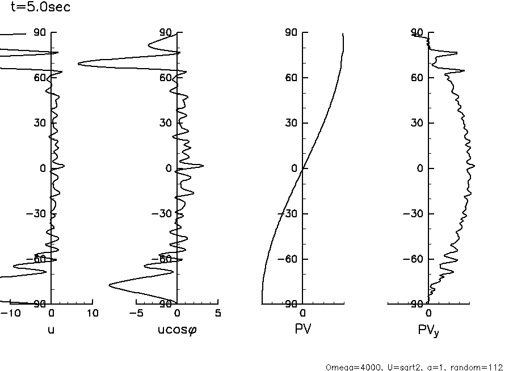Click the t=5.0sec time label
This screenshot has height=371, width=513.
click(40, 8)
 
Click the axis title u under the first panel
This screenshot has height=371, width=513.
click(51, 328)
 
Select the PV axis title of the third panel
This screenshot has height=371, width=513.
click(302, 328)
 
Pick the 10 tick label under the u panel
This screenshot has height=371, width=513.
click(92, 313)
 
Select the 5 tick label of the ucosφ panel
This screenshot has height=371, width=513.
click(218, 313)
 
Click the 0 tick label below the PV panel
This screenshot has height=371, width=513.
click(302, 313)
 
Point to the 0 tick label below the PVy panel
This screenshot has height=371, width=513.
click(428, 313)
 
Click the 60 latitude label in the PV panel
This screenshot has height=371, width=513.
click(291, 78)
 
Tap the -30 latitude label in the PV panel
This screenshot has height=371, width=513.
click(288, 214)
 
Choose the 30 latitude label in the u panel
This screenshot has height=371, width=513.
click(40, 123)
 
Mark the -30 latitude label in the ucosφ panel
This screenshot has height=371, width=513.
click(163, 214)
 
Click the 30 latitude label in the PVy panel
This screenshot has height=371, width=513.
click(417, 123)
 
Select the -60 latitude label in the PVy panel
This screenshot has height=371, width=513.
click(414, 259)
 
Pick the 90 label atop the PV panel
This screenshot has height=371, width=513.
click(291, 32)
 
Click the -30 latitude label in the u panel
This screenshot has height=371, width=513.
click(37, 214)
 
